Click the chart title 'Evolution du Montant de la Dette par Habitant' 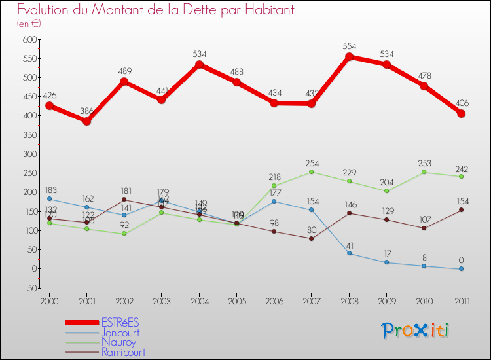[x=155, y=10]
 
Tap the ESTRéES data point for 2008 [x=350, y=57]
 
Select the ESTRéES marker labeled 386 [x=86, y=121]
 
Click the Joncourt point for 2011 [x=462, y=268]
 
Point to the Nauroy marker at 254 [x=312, y=172]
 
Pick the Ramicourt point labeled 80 [x=312, y=238]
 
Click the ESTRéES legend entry [x=120, y=322]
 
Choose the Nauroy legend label [x=118, y=342]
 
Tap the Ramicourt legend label [x=123, y=352]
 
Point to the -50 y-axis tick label [x=27, y=288]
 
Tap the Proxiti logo [x=416, y=331]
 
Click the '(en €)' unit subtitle [x=29, y=24]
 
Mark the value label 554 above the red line [x=350, y=46]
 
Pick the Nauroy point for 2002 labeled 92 [x=124, y=234]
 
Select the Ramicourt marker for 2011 [x=462, y=209]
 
